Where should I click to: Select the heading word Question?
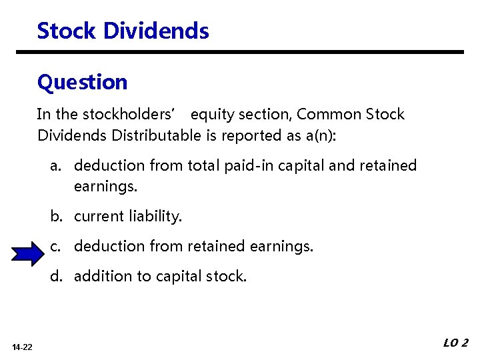(x=82, y=83)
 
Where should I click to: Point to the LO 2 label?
(x=455, y=343)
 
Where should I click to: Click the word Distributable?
(x=156, y=135)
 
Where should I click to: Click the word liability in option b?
(x=157, y=216)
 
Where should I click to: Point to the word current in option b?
(x=97, y=216)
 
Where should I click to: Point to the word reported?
(x=247, y=135)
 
